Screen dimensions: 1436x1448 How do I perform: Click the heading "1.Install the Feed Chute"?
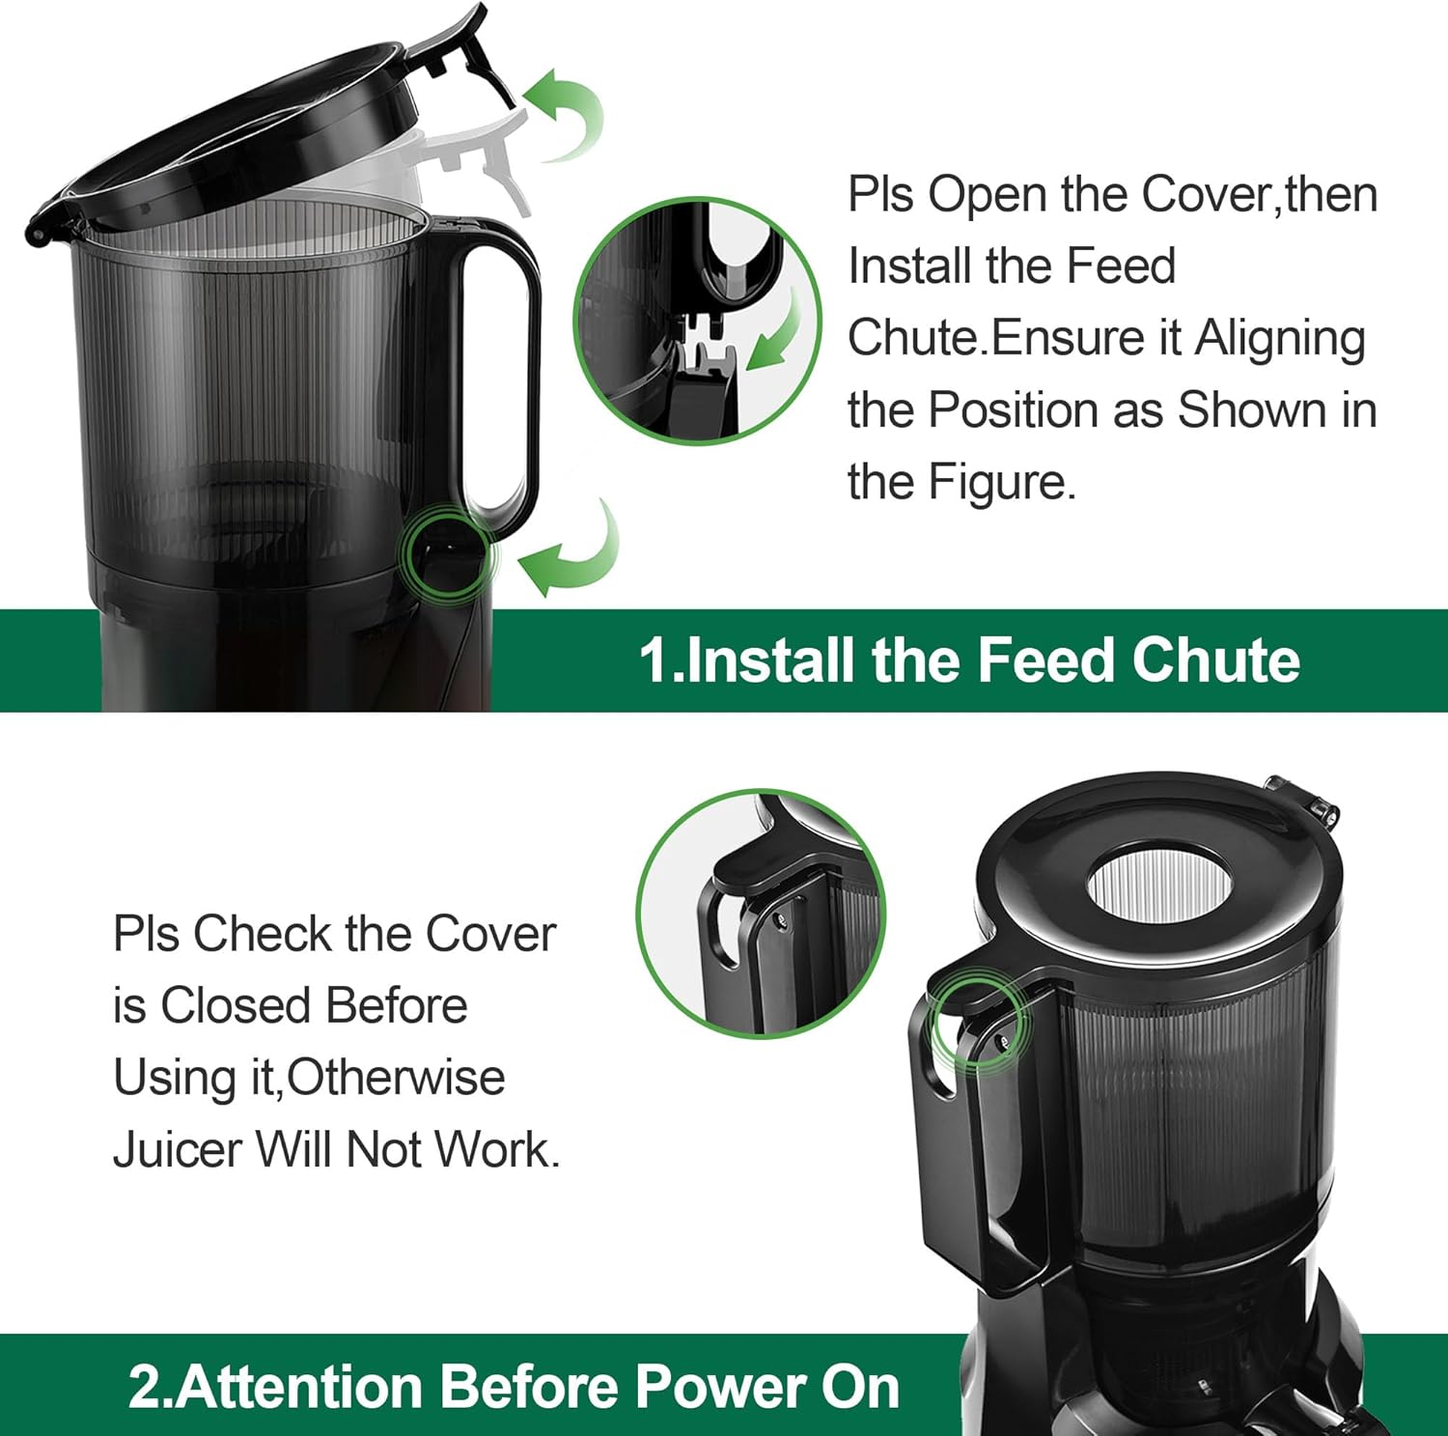pyautogui.click(x=968, y=661)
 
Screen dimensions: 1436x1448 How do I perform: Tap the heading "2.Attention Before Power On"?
pyautogui.click(x=514, y=1387)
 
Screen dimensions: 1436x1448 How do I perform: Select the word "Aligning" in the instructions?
pyautogui.click(x=1280, y=340)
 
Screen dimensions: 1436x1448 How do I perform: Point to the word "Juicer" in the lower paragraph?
pyautogui.click(x=177, y=1150)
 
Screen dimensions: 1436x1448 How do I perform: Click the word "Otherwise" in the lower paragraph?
pyautogui.click(x=396, y=1078)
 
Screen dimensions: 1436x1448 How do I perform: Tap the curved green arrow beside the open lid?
pyautogui.click(x=568, y=114)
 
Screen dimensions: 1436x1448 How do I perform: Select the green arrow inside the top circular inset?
pyautogui.click(x=777, y=333)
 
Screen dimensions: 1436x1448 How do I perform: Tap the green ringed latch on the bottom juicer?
pyautogui.click(x=977, y=1022)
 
